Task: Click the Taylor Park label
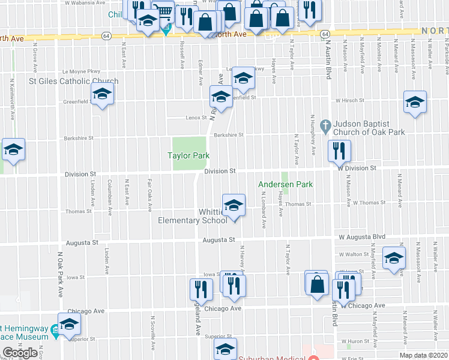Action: [188, 155]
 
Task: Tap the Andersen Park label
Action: [286, 185]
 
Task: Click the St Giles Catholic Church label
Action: [74, 81]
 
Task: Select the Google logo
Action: [20, 353]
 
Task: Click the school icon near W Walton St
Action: [394, 257]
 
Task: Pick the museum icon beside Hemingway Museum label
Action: [55, 329]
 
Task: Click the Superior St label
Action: [218, 337]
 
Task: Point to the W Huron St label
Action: [361, 343]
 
